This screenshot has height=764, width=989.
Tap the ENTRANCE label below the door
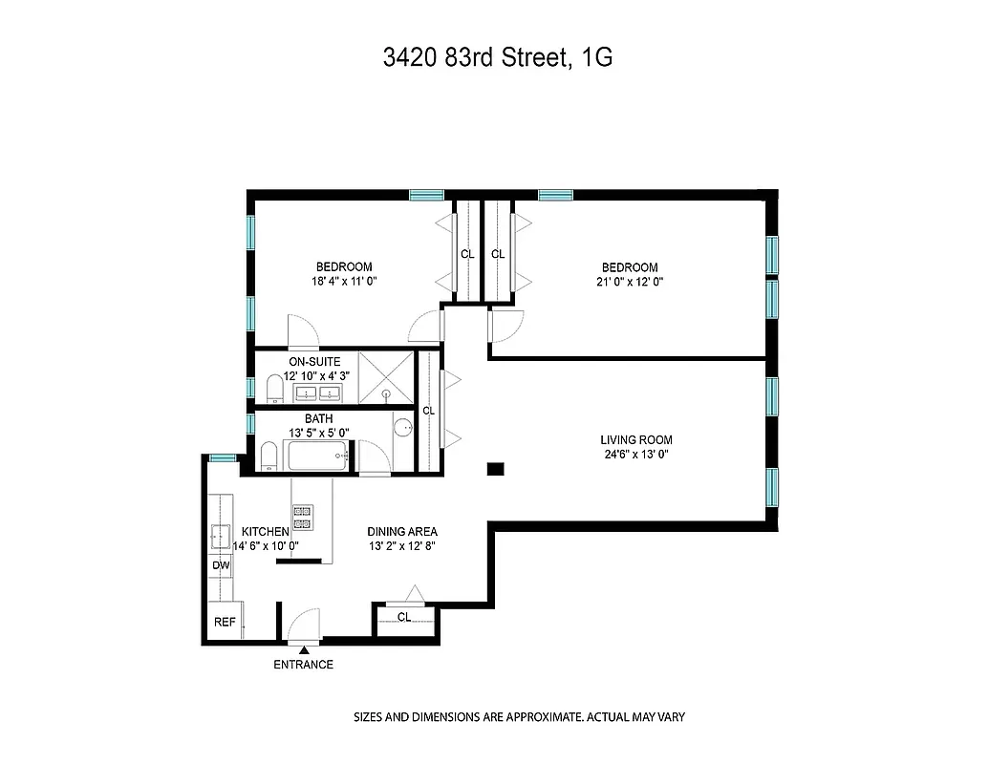click(303, 665)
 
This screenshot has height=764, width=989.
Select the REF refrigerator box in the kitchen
click(225, 622)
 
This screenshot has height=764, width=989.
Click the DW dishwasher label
click(221, 565)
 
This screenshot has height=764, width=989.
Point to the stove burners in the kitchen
click(303, 517)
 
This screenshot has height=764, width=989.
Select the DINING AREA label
click(402, 531)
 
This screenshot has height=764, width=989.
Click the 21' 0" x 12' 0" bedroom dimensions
click(629, 283)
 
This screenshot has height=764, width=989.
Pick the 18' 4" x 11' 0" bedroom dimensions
click(344, 283)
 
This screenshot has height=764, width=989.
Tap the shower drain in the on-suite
click(387, 393)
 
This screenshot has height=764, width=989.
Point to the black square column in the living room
click(495, 469)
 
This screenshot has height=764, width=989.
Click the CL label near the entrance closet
click(404, 617)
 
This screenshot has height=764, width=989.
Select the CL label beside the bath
click(428, 411)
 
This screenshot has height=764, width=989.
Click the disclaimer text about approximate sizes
click(520, 716)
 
